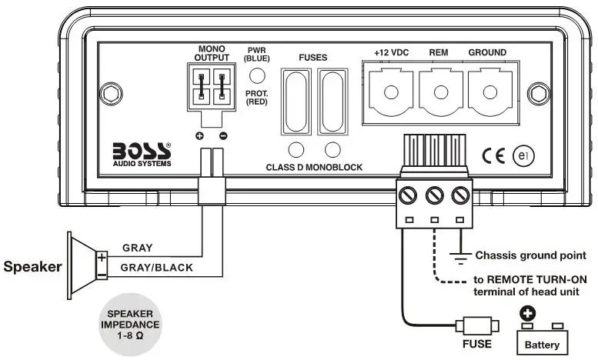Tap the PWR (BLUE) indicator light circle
(x=259, y=75)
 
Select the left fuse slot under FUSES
(x=293, y=101)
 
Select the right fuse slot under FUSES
(x=332, y=101)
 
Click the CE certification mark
(x=493, y=155)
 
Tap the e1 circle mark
(x=524, y=155)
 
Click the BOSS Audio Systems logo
(x=142, y=152)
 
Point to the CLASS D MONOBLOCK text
(x=313, y=167)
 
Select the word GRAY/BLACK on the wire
(x=158, y=268)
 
